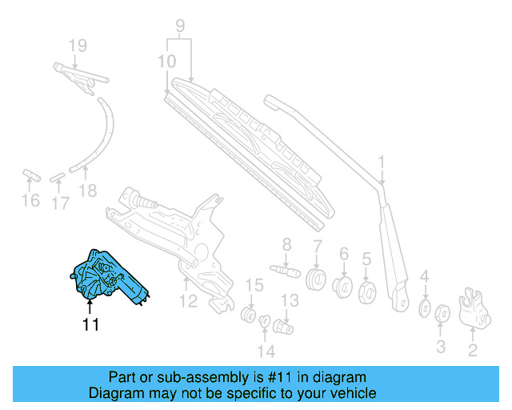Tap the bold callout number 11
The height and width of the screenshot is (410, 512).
pyautogui.click(x=90, y=324)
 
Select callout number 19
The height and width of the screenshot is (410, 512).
pyautogui.click(x=77, y=46)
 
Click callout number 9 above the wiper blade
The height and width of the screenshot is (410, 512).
pyautogui.click(x=180, y=26)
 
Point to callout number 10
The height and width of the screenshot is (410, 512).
pyautogui.click(x=166, y=62)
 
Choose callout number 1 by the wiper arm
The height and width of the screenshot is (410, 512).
pyautogui.click(x=382, y=162)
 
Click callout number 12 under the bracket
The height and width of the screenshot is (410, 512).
pyautogui.click(x=187, y=302)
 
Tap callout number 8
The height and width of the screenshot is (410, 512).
pyautogui.click(x=286, y=244)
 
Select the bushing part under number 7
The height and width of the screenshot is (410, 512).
pyautogui.click(x=317, y=280)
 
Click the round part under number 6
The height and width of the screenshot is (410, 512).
pyautogui.click(x=344, y=287)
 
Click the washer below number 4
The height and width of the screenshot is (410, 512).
pyautogui.click(x=425, y=307)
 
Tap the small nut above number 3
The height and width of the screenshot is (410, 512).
pyautogui.click(x=441, y=313)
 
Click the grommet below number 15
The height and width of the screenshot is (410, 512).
pyautogui.click(x=249, y=312)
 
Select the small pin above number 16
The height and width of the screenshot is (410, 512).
pyautogui.click(x=30, y=174)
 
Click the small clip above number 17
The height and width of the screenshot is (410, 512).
pyautogui.click(x=59, y=175)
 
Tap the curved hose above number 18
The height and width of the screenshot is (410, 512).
pyautogui.click(x=102, y=136)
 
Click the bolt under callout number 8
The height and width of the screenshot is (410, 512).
pyautogui.click(x=285, y=269)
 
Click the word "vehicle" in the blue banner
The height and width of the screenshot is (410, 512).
pyautogui.click(x=350, y=393)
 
